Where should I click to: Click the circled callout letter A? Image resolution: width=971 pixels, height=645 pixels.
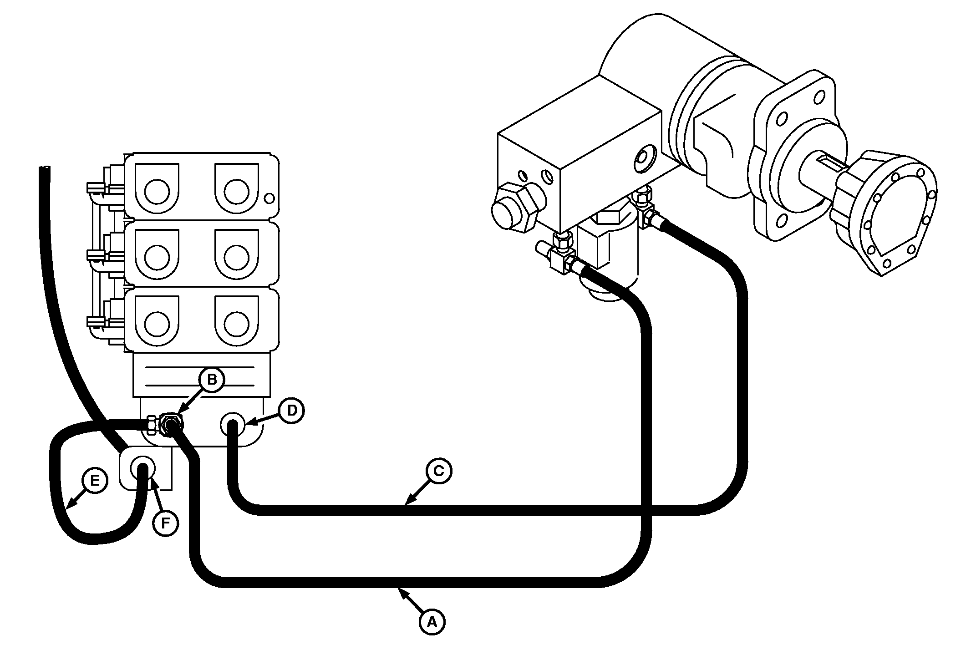(432, 621)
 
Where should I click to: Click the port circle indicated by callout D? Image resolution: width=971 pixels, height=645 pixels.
(232, 424)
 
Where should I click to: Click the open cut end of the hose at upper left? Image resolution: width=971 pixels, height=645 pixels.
(45, 168)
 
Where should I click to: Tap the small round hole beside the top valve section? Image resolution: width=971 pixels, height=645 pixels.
(269, 198)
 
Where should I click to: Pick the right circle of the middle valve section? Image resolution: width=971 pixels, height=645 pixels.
(237, 258)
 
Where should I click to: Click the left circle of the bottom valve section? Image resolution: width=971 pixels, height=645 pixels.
(157, 323)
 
